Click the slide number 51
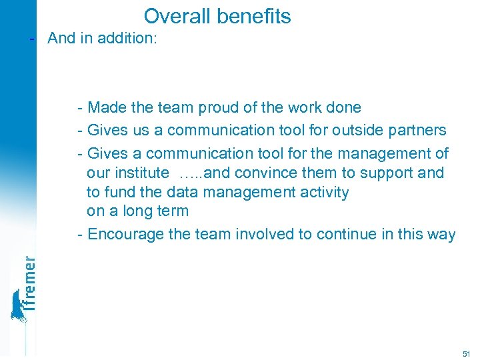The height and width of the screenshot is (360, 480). [465, 353]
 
